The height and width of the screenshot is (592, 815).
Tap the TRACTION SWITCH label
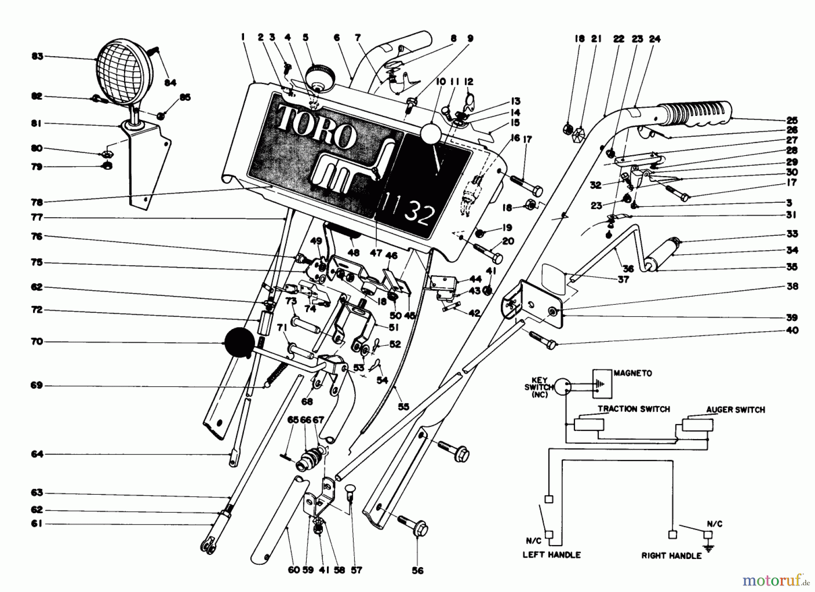(x=633, y=409)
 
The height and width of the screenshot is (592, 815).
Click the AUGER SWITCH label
(x=735, y=410)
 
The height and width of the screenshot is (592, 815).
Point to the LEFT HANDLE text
(x=551, y=554)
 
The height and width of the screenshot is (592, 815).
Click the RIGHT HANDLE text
(x=671, y=555)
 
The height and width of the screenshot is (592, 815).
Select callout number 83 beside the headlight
(x=37, y=57)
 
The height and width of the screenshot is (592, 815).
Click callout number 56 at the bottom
(x=417, y=571)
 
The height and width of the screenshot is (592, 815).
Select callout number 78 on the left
(x=37, y=202)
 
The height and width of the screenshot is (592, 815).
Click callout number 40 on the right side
(x=792, y=330)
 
